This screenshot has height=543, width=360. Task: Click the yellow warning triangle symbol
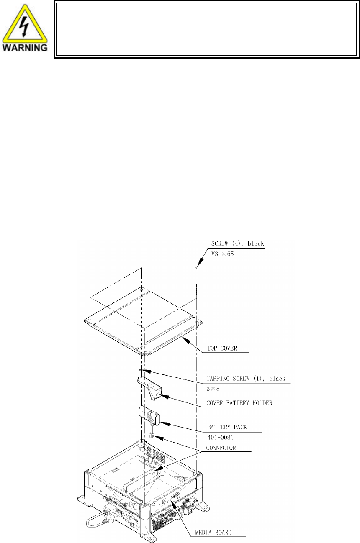tap(27, 21)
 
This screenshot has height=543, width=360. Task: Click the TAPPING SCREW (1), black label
tap(246, 379)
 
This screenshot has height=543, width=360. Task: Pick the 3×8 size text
tap(214, 388)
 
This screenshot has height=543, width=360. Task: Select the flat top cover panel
tap(142, 318)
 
